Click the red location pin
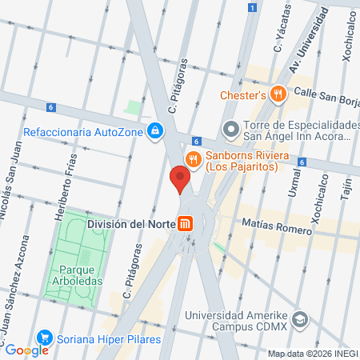pos(180,177)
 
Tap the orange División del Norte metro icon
pos(186,225)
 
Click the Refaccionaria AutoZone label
pos(84,132)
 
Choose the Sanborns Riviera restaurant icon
pos(193,156)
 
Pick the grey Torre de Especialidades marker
pos(230,127)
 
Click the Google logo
pos(26,350)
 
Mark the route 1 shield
pos(252,7)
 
